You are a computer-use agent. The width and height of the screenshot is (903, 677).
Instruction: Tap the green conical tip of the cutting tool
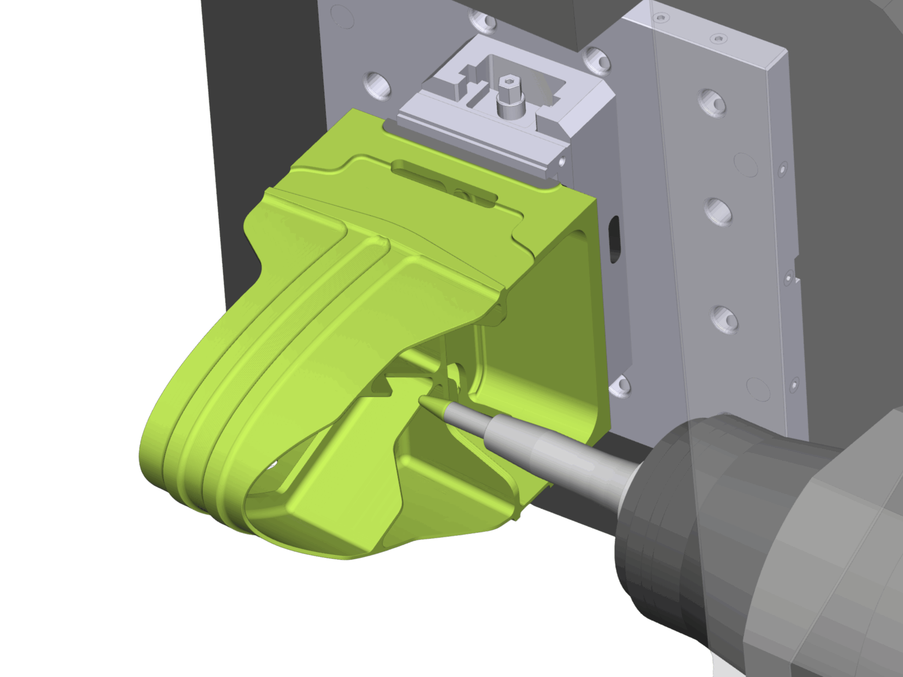click(431, 404)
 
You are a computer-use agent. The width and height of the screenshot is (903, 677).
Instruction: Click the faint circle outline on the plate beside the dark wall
click(342, 16)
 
